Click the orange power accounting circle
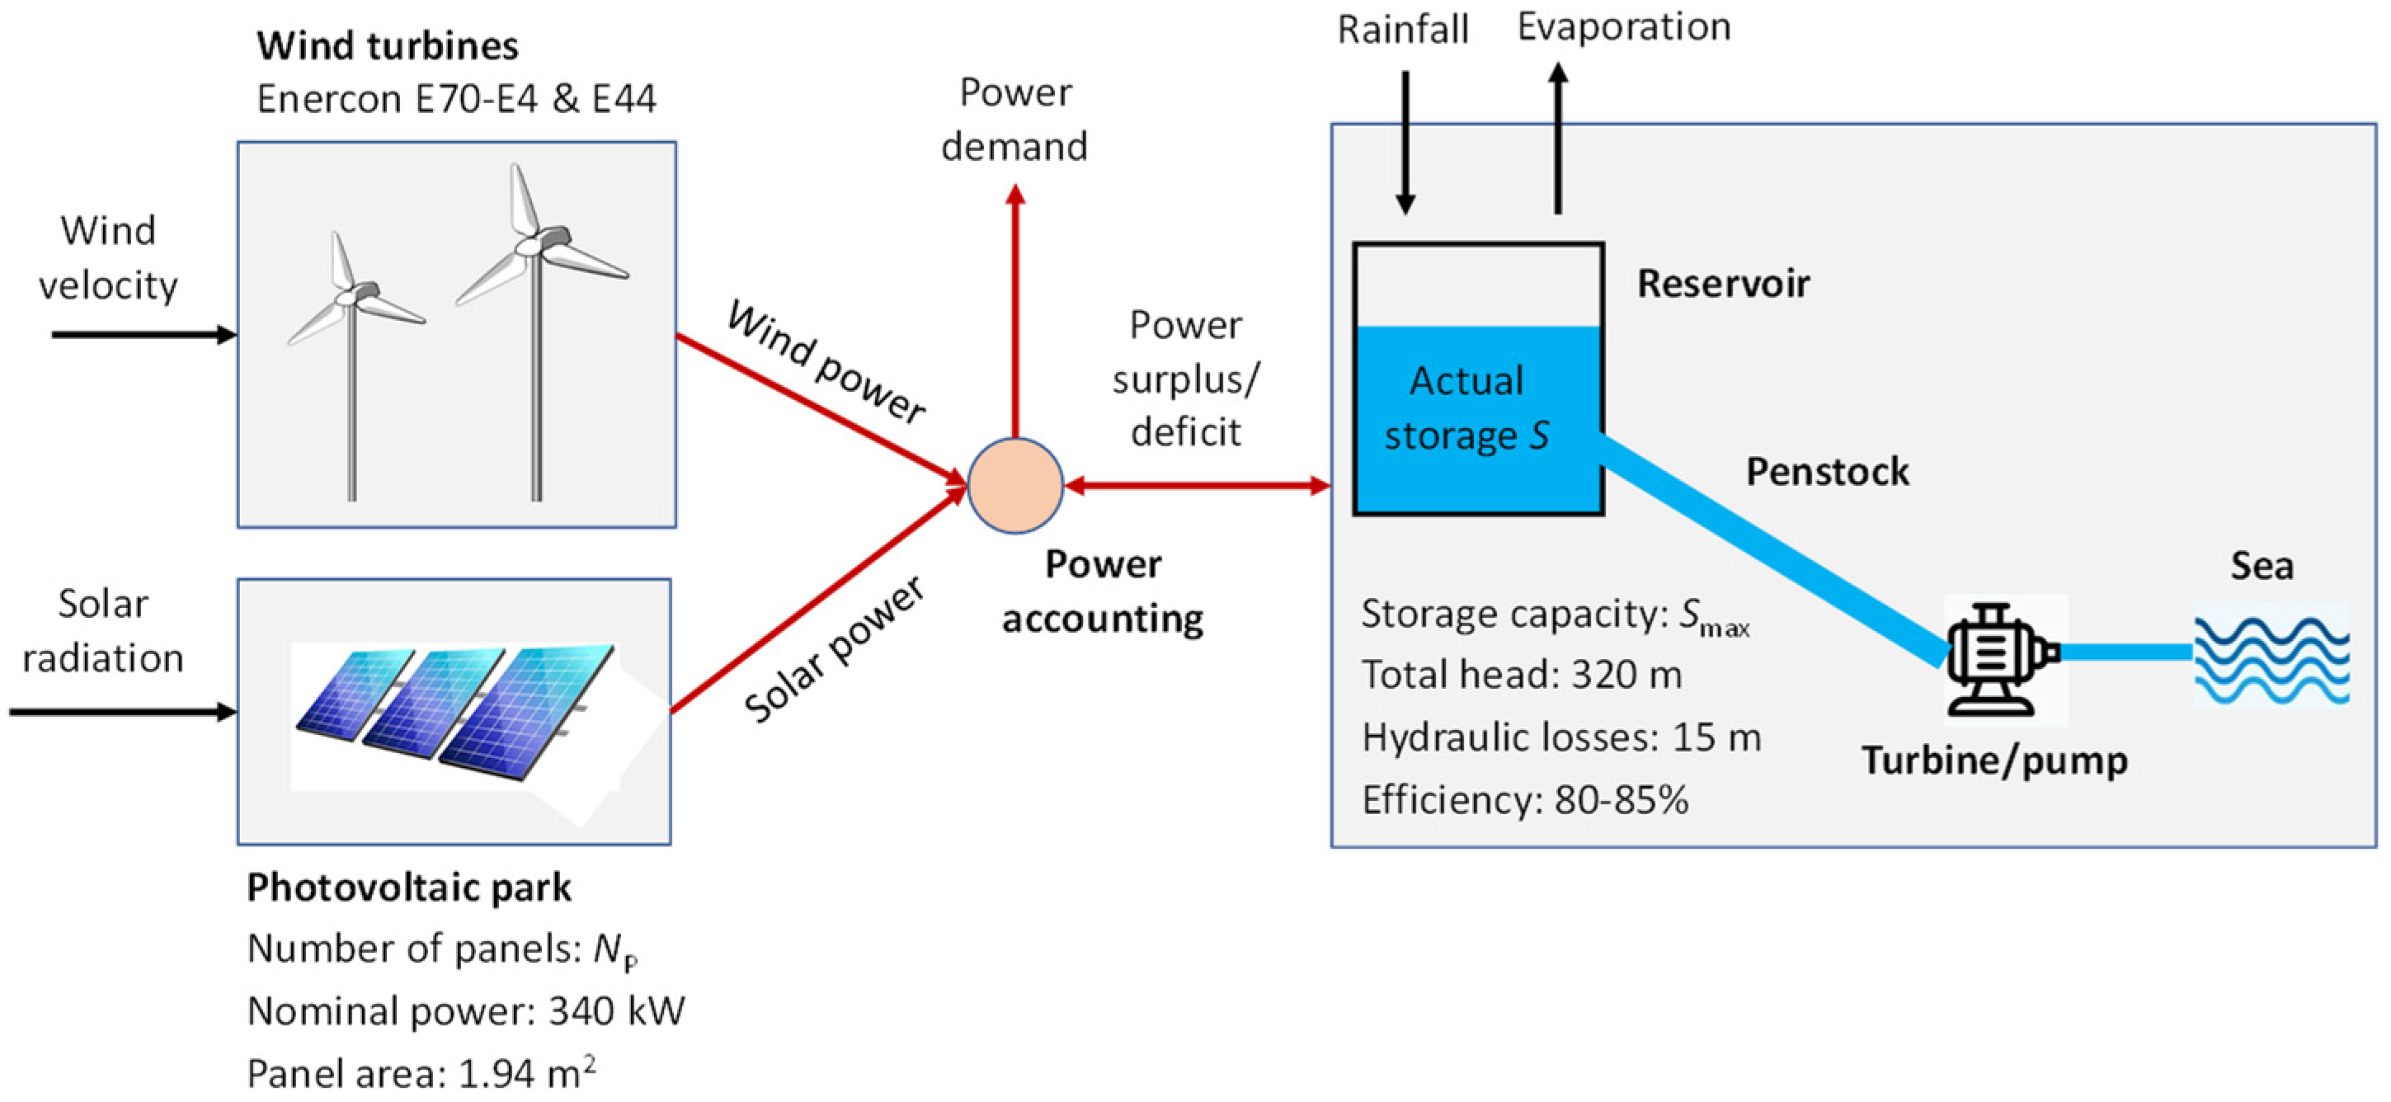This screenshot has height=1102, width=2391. click(x=1014, y=486)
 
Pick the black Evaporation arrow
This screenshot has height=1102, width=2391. click(x=1559, y=139)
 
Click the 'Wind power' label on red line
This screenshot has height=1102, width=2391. click(x=825, y=362)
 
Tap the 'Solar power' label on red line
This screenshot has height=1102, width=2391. click(x=834, y=650)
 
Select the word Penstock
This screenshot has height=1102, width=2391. click(x=1827, y=472)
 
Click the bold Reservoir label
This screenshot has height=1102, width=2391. click(x=1723, y=284)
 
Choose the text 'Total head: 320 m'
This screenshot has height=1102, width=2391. click(x=1522, y=675)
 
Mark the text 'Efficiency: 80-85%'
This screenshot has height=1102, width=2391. click(x=1524, y=800)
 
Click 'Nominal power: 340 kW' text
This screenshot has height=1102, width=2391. click(x=466, y=1011)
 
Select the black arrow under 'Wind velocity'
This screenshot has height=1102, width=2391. click(x=144, y=334)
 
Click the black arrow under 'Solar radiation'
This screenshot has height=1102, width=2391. click(x=123, y=712)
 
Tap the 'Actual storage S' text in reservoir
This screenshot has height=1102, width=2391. click(x=1466, y=408)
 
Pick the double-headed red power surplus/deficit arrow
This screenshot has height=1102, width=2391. click(x=1198, y=486)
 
